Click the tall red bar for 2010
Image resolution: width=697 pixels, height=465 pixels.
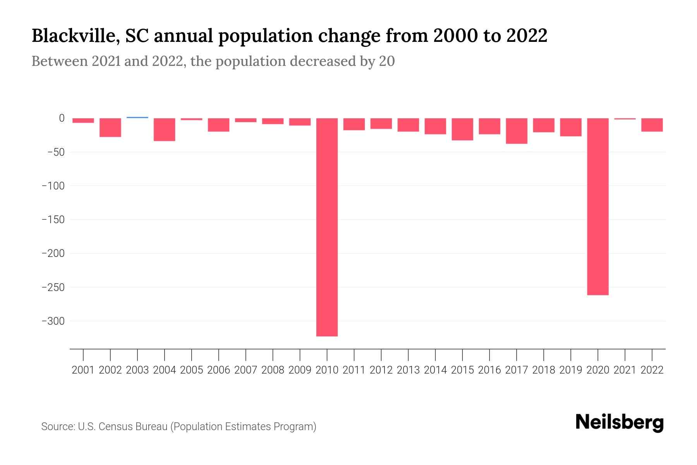327,227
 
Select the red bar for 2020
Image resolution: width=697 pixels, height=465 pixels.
597,207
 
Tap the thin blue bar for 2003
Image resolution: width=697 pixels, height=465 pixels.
137,117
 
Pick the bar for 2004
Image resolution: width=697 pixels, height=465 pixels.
165,129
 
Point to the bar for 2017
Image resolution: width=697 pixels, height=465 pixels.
517,131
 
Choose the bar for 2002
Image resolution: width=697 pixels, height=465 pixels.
110,127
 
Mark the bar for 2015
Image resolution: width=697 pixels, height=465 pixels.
462,129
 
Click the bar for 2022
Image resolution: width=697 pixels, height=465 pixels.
652,125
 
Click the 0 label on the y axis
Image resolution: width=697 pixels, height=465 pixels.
62,118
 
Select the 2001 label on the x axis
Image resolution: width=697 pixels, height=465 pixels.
83,370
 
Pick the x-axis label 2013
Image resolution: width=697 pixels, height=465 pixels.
408,370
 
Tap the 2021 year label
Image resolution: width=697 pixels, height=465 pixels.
625,370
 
